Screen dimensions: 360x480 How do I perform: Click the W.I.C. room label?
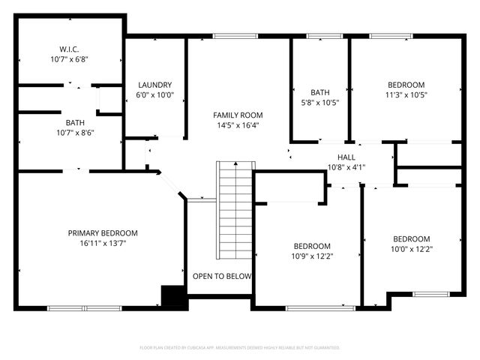tap(70, 48)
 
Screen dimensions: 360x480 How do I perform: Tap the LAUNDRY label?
tap(155, 85)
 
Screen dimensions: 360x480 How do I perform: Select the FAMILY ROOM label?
tap(238, 115)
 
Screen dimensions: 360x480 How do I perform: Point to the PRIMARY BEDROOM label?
tap(103, 232)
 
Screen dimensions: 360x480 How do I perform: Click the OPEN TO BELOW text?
tap(222, 276)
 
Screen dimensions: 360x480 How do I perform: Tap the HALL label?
tap(346, 157)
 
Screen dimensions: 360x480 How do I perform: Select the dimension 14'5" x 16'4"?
tap(238, 125)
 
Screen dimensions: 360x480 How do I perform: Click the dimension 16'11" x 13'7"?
tap(103, 243)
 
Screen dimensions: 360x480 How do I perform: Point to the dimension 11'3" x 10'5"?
tap(406, 95)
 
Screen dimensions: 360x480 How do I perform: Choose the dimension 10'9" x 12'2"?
tap(312, 256)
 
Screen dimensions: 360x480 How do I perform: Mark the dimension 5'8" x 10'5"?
tap(320, 103)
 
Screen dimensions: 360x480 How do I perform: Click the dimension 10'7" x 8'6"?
tap(74, 133)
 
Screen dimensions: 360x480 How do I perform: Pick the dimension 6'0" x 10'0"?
tap(155, 95)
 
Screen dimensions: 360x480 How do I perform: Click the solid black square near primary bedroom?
tap(173, 296)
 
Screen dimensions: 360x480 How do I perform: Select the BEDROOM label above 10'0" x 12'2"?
tap(412, 238)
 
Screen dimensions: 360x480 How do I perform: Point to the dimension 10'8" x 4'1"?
tap(346, 167)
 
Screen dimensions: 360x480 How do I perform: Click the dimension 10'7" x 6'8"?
tap(70, 58)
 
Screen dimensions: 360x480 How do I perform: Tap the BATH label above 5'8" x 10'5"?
tap(320, 92)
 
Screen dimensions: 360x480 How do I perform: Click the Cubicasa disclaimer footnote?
tap(240, 347)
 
